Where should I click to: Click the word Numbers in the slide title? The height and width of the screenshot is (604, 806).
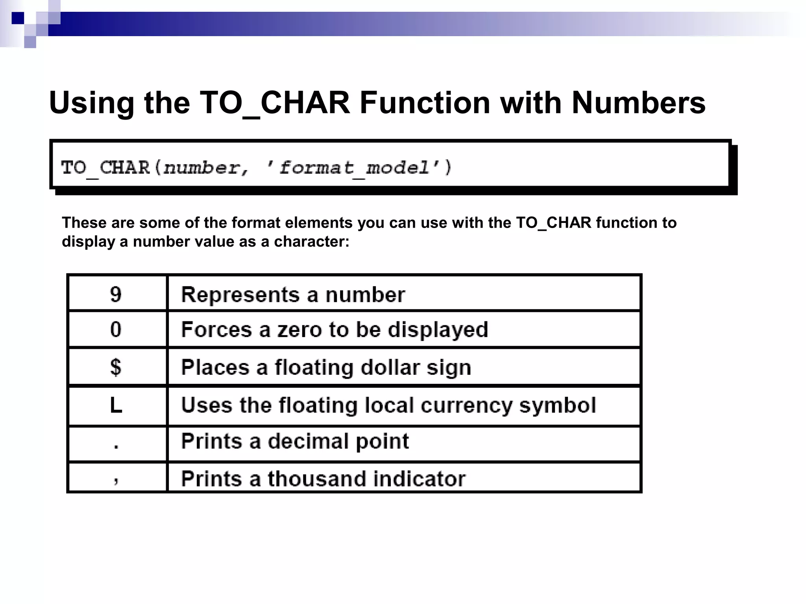(x=638, y=103)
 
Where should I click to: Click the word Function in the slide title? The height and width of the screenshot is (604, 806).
(x=425, y=103)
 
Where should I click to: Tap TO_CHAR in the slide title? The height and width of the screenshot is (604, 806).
(x=274, y=103)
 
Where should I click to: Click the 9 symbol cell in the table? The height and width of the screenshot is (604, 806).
(x=116, y=295)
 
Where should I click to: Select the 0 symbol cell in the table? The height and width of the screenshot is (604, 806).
(x=116, y=329)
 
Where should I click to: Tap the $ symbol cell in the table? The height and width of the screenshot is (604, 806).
(x=116, y=367)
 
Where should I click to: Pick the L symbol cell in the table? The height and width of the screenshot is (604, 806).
(x=116, y=405)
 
